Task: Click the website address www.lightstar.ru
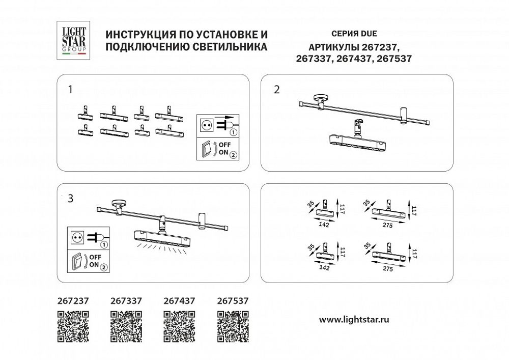click(354, 320)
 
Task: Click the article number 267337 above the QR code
click(126, 301)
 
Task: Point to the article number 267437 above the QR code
click(179, 301)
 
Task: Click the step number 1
click(70, 90)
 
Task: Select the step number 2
click(276, 90)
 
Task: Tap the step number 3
click(70, 199)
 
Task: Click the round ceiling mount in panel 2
click(321, 99)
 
